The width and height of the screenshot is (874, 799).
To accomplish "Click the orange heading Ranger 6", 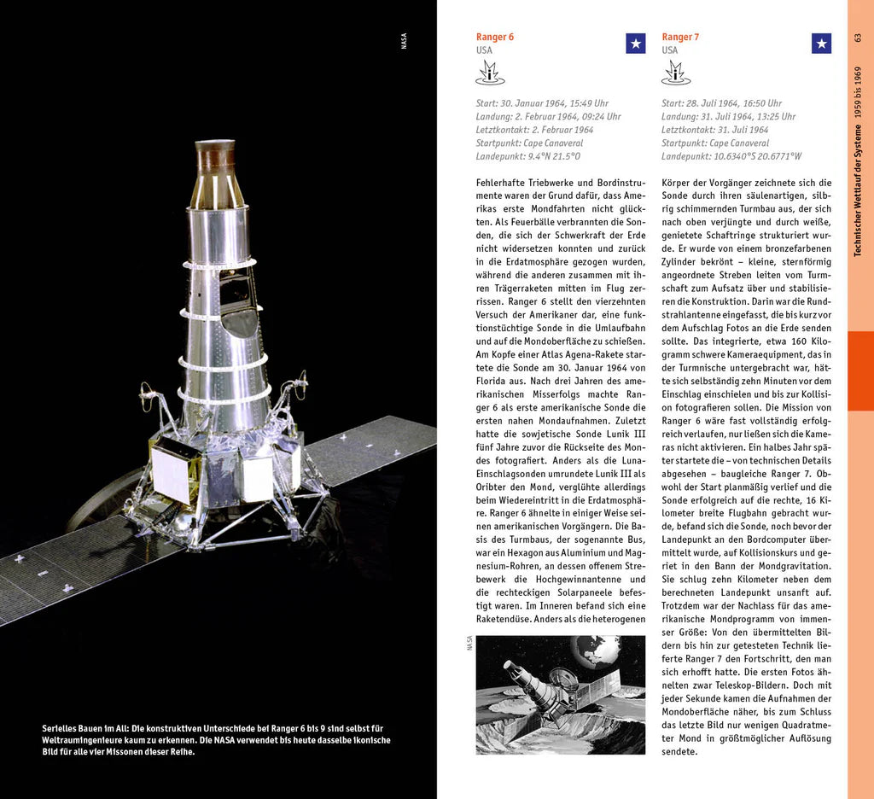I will (495, 37).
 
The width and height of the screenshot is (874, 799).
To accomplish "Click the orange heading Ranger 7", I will (680, 37).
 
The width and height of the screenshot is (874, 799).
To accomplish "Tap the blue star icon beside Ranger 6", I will (636, 44).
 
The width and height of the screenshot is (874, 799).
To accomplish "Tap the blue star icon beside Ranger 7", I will (821, 44).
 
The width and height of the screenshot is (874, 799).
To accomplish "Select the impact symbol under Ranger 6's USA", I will (490, 73).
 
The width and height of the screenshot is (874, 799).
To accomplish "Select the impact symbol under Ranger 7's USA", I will (676, 73).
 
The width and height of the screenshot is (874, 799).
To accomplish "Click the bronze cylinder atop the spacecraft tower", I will (214, 158).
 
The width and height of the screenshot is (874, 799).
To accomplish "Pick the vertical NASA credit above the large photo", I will (405, 40).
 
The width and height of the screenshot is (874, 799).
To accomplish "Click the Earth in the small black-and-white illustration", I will (595, 650).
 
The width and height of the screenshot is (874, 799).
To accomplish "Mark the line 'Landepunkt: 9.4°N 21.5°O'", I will (528, 156).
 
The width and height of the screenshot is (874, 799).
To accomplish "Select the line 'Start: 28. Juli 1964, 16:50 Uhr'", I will (721, 103).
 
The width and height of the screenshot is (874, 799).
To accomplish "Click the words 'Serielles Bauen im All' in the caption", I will (85, 728).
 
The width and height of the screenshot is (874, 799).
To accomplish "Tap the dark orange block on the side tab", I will (860, 370).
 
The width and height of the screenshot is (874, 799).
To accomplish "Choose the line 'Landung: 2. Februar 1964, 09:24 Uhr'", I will (548, 117).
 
